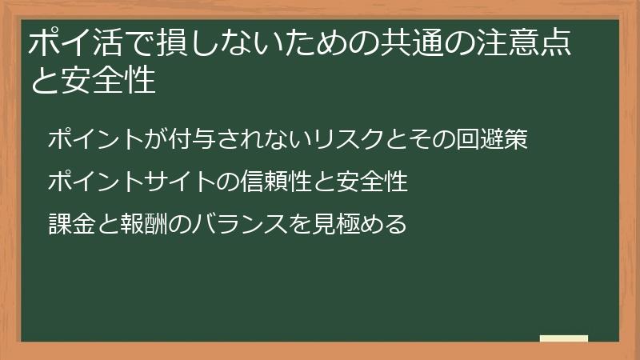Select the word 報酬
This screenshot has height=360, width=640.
click(x=151, y=223)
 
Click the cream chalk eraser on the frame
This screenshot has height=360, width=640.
click(x=563, y=339)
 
